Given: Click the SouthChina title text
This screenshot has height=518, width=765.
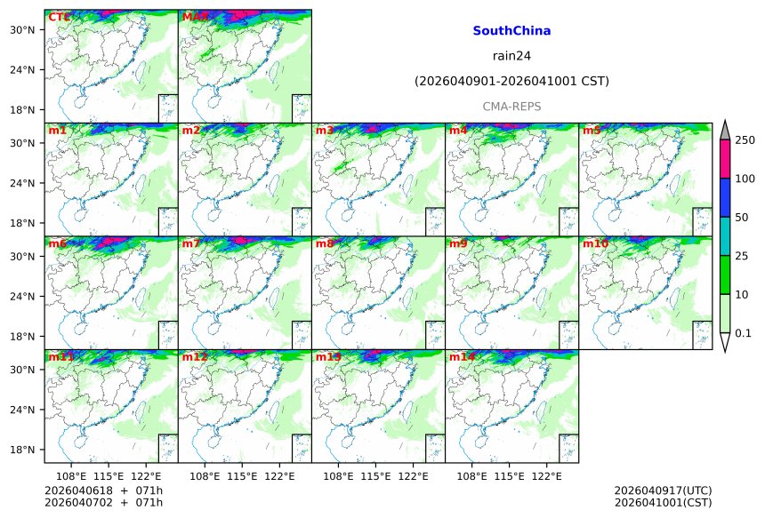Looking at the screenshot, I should click(x=511, y=31).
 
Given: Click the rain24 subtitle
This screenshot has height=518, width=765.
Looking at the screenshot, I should click(x=511, y=56).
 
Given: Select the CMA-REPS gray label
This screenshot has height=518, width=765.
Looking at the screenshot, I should click(x=511, y=107).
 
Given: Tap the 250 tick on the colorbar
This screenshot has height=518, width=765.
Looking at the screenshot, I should click(x=745, y=140).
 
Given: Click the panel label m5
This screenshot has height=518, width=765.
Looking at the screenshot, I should click(x=592, y=131).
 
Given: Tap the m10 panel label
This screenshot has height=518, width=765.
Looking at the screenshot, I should click(x=596, y=243).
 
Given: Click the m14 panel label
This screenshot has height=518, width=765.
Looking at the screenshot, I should click(x=463, y=357).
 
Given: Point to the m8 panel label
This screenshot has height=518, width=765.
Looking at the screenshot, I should click(x=326, y=243).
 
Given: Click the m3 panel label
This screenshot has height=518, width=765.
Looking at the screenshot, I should click(x=326, y=131).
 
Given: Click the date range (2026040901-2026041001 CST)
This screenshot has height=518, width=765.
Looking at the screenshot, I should click(x=511, y=82).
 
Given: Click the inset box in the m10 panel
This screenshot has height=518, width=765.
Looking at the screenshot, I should click(x=701, y=335).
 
